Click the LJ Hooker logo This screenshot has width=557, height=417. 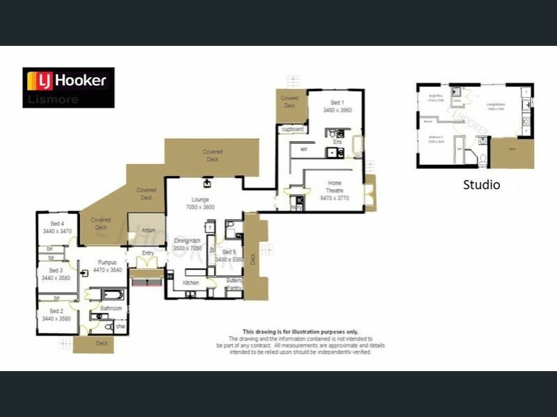pos(68,87)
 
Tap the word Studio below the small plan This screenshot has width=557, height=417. pos(481,185)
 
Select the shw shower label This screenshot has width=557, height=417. pos(120,326)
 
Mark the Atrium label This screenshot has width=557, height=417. pos(148,230)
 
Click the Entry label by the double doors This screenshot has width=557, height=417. pos(148,253)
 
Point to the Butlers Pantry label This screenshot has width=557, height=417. pos(233,284)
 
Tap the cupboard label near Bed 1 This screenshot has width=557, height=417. pos(292,129)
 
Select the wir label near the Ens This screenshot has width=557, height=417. pos(304,149)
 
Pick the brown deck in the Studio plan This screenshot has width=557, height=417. pos(512,153)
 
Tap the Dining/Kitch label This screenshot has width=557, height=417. pos(187,244)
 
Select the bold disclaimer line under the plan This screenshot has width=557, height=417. pos(299,332)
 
